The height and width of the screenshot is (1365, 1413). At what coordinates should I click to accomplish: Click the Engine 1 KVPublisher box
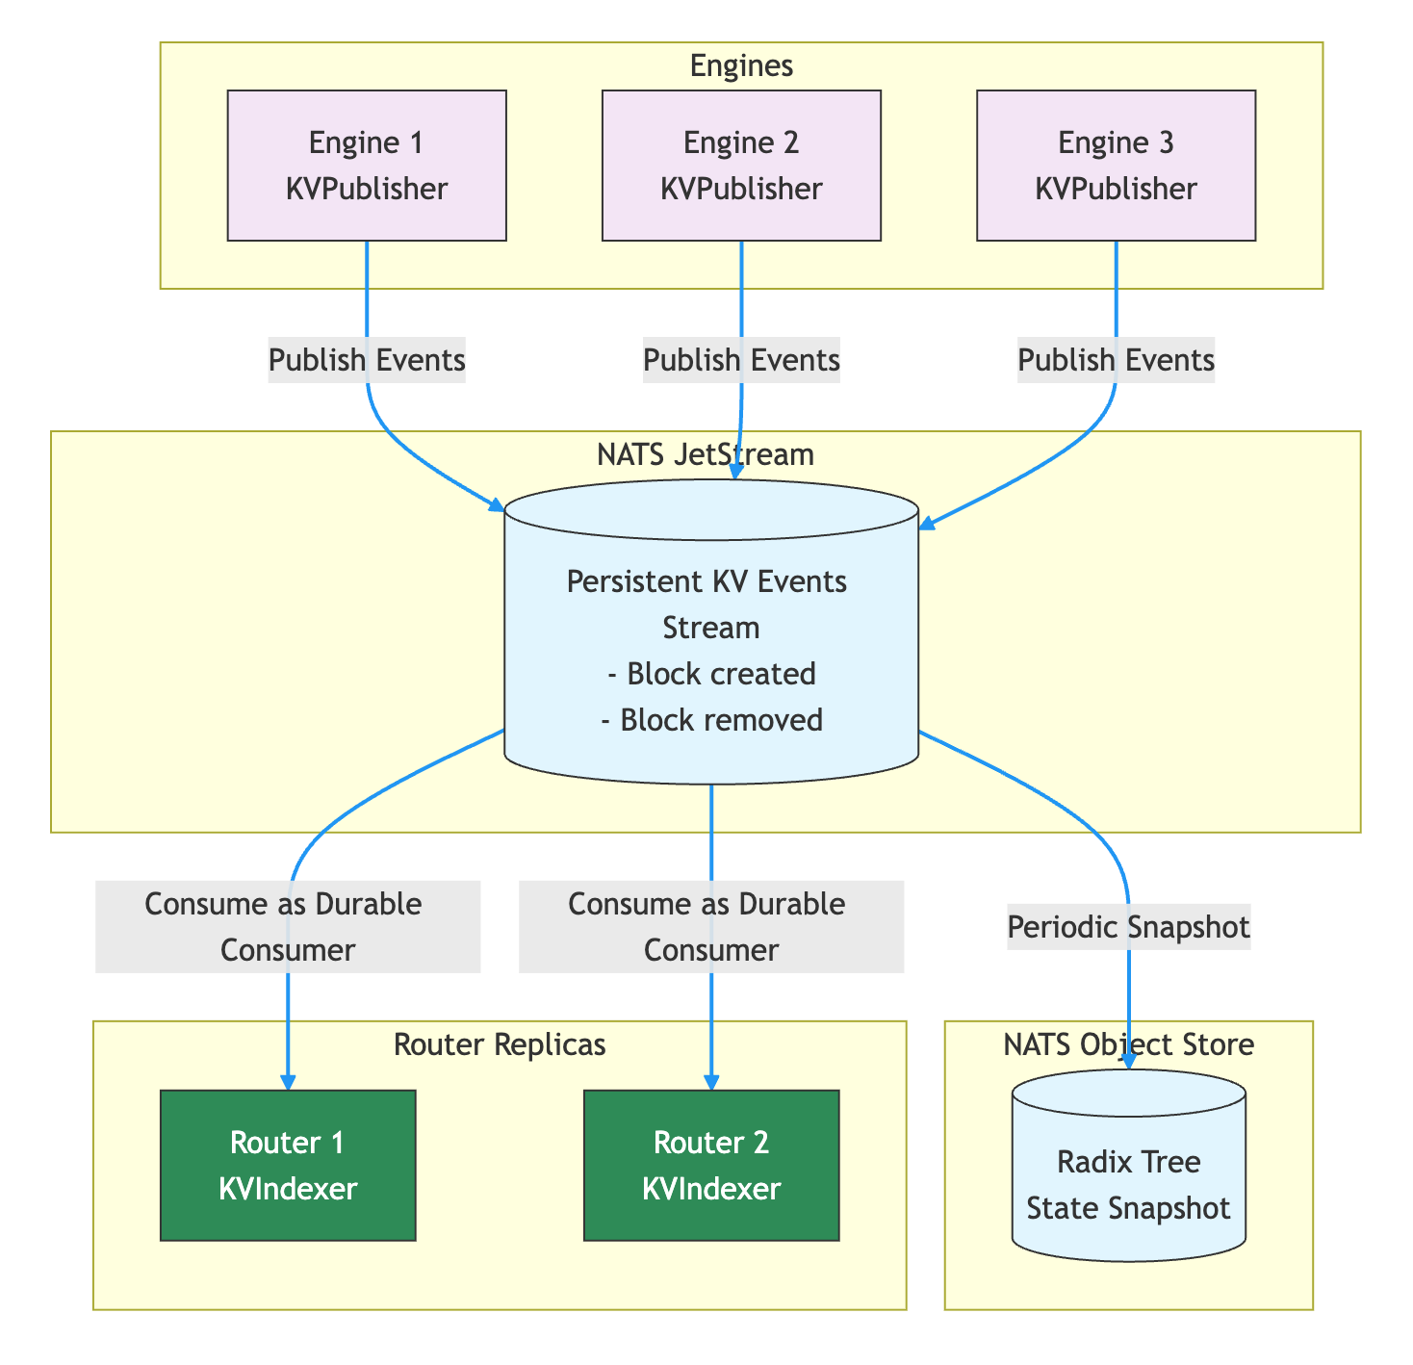click(367, 166)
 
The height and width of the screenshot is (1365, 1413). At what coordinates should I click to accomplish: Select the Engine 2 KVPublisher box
click(741, 166)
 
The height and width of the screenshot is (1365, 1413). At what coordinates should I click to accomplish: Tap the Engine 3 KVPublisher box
click(1116, 166)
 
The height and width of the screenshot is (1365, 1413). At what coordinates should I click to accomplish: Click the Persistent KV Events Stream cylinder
click(711, 635)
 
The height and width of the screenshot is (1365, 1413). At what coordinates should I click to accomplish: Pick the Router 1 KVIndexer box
click(288, 1166)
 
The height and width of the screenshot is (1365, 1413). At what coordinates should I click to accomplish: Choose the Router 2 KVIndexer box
click(711, 1166)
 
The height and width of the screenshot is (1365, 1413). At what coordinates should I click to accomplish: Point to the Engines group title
click(741, 65)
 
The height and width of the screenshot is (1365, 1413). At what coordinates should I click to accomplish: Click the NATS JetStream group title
click(706, 454)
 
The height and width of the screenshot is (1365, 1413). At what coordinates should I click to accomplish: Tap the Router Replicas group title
click(500, 1045)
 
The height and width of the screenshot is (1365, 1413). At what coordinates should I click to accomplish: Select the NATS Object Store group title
click(1128, 1045)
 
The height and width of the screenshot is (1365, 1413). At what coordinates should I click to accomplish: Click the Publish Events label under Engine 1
click(367, 361)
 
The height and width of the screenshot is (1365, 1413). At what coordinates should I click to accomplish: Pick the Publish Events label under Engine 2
click(741, 361)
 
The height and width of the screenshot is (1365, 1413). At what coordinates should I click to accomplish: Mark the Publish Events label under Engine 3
click(1116, 361)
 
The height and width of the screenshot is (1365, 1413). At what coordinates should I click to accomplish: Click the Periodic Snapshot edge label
click(1128, 927)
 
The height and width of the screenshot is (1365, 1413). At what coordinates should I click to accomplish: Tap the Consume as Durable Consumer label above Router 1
click(288, 927)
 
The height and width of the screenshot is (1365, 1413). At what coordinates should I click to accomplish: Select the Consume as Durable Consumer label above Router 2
click(711, 927)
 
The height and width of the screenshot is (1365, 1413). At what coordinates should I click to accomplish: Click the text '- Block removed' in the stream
click(711, 720)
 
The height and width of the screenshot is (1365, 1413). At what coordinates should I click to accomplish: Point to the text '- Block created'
click(711, 674)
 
